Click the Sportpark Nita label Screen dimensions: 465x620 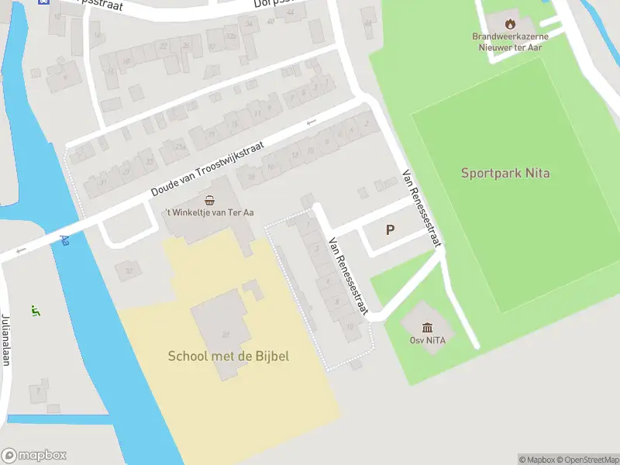(505, 173)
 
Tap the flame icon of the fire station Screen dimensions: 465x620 (510, 23)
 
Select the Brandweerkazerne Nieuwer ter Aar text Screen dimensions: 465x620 (510, 41)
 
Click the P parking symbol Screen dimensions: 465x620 (390, 229)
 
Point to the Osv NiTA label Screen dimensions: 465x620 (427, 340)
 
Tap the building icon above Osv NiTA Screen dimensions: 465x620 (427, 327)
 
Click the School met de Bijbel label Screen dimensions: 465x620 (229, 356)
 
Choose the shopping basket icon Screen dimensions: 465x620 (209, 200)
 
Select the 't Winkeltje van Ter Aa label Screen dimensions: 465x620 (208, 212)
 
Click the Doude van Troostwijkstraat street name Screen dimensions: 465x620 (208, 168)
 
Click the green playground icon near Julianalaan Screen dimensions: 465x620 (34, 311)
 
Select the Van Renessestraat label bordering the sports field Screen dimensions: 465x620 (422, 208)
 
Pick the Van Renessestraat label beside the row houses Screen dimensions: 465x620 (346, 275)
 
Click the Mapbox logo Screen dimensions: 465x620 (34, 456)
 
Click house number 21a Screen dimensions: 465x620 (180, 146)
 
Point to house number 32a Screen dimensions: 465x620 (230, 36)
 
